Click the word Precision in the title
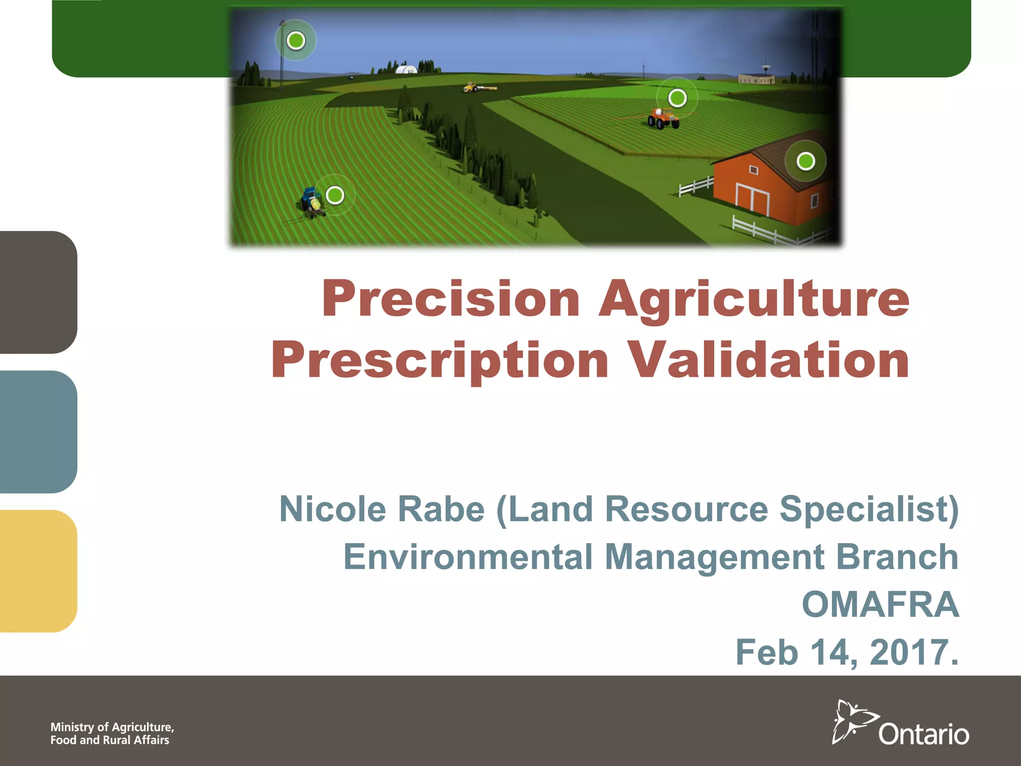coord(451,299)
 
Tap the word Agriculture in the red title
coord(754,299)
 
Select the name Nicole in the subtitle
coord(333,509)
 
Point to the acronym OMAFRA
coord(880,604)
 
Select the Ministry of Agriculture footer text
coord(112,734)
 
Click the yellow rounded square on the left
coord(37,571)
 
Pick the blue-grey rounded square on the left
coord(37,432)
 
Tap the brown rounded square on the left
coord(37,292)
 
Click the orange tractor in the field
coord(663,119)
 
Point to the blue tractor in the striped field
coord(312,202)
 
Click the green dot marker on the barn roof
coord(806,161)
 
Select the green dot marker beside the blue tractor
coord(335,195)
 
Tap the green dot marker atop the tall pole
coord(296,40)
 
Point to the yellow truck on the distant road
coord(472,88)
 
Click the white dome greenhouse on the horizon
coord(406,69)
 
